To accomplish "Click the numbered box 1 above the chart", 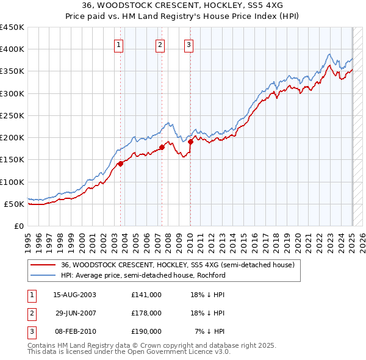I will coord(118,44).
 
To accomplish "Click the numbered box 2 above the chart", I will coord(160,44).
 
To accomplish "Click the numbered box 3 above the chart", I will coord(188,44).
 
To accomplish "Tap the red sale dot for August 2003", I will coord(121,163).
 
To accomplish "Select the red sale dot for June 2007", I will coord(162,146).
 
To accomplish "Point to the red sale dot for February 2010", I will coord(190,142).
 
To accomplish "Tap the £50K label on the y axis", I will coord(15,204).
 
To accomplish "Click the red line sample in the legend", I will coord(43,265).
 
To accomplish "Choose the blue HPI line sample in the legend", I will coord(43,275).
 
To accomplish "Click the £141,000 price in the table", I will coord(146,295).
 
